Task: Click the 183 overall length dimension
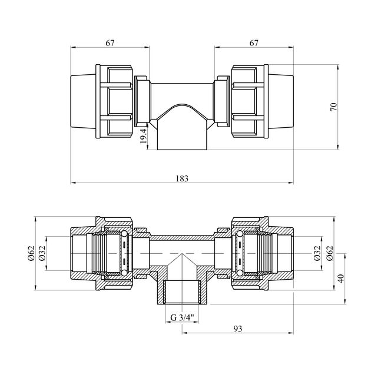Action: coord(182,178)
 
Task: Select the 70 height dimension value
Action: coord(334,107)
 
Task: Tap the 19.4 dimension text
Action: coord(143,136)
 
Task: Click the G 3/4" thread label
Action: coord(182,317)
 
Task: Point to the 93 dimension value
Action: coord(238,329)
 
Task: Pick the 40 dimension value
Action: coord(341,278)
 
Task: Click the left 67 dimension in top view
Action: coord(110,43)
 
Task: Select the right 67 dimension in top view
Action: coord(254,43)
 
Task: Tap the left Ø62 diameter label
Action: coord(31,253)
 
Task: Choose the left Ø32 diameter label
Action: coord(42,253)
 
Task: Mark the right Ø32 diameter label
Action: coord(317,253)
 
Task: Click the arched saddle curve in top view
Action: coord(182,104)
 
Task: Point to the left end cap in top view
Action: coord(83,101)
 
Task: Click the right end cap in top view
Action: coord(281,101)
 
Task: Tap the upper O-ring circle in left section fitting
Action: coord(124,234)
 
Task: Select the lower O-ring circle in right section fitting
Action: coord(240,273)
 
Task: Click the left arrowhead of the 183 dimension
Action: coord(73,183)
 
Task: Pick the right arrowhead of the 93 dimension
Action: coord(291,333)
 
